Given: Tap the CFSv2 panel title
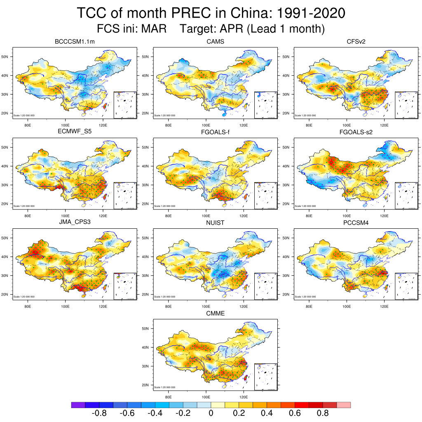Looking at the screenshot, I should click(x=356, y=42).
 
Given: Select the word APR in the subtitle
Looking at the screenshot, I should click(x=232, y=29).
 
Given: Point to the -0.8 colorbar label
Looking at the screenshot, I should click(x=98, y=413).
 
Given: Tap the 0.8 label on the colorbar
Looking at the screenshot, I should click(x=323, y=413).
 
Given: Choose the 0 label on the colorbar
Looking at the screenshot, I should click(x=211, y=413).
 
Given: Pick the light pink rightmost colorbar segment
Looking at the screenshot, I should click(x=344, y=405).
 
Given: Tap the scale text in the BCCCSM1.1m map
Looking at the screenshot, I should click(x=24, y=115).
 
